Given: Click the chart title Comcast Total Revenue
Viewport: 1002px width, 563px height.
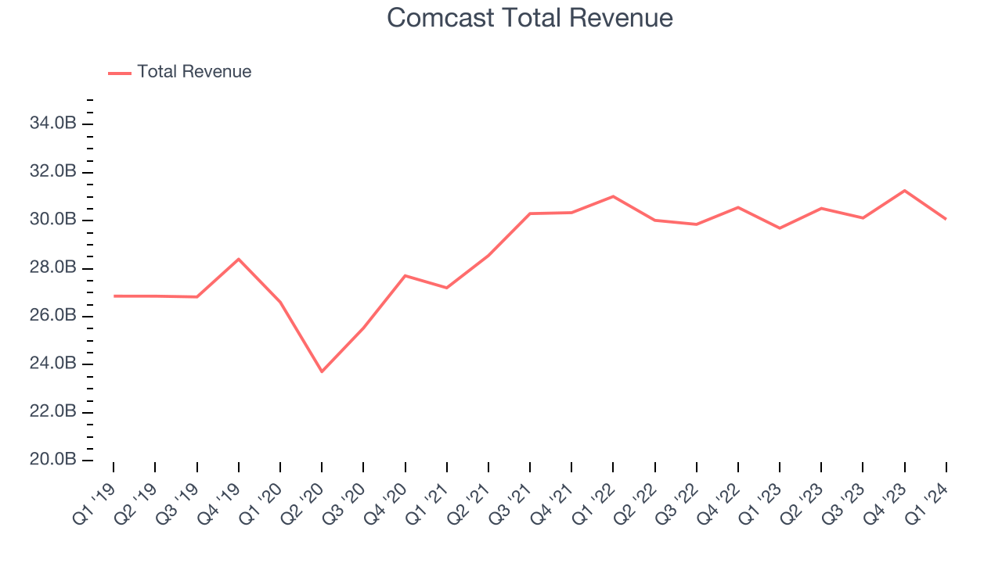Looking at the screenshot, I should [x=530, y=17].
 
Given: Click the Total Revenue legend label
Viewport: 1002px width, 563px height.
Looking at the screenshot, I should [x=194, y=72].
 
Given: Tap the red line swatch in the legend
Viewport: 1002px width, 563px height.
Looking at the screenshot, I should [x=120, y=73].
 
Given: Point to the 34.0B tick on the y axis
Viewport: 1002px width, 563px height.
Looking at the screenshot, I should [x=53, y=124].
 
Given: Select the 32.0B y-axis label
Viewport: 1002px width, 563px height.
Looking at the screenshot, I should [x=53, y=172].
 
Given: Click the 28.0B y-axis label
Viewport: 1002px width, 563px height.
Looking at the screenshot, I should [x=53, y=268].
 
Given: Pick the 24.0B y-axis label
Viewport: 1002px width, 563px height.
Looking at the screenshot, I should [x=53, y=364].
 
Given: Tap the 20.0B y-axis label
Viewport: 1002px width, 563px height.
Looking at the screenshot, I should [x=53, y=460].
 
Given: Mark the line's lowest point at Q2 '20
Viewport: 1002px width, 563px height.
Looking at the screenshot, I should [x=322, y=371].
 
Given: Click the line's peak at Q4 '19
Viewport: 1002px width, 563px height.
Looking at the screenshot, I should [x=239, y=259].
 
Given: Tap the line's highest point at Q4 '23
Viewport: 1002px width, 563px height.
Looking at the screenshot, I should [x=905, y=190].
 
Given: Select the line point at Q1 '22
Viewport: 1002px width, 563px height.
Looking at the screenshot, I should [x=613, y=196].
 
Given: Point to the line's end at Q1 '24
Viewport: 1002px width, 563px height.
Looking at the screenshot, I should [x=946, y=219].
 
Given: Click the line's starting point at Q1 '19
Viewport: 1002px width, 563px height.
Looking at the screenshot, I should [x=114, y=296].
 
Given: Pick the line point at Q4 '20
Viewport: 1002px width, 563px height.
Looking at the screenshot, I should [x=405, y=275].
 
